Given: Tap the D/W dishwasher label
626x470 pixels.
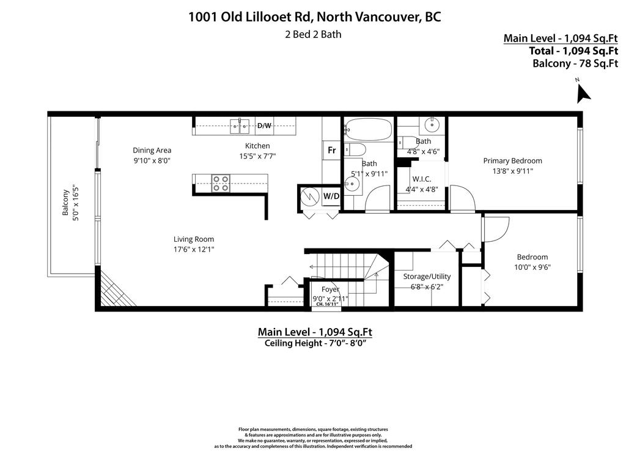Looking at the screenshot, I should click(x=264, y=125).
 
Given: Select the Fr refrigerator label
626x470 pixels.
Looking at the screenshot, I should click(x=331, y=150).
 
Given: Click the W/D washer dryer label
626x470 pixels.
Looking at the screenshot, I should click(x=331, y=196).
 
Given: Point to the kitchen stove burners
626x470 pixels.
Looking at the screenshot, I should click(x=220, y=184).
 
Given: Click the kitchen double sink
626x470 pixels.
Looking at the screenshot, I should click(x=239, y=127).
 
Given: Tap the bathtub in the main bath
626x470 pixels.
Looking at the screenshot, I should click(x=367, y=129).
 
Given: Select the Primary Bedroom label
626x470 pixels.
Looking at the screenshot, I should click(x=512, y=161).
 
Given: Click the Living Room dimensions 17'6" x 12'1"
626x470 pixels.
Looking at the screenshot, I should click(x=194, y=249).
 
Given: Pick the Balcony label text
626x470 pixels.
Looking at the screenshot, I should click(x=65, y=203).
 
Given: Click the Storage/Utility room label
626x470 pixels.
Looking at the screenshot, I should click(x=427, y=277).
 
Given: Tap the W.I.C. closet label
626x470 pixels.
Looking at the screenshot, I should click(x=422, y=179).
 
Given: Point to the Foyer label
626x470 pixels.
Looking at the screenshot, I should click(x=330, y=289).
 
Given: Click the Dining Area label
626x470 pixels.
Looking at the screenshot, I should click(x=152, y=150).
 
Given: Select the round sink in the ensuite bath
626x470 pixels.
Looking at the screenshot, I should click(x=432, y=125).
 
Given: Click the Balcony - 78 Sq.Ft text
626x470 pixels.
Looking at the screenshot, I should click(x=575, y=63).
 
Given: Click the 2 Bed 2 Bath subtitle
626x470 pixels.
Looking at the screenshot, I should click(x=313, y=34).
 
